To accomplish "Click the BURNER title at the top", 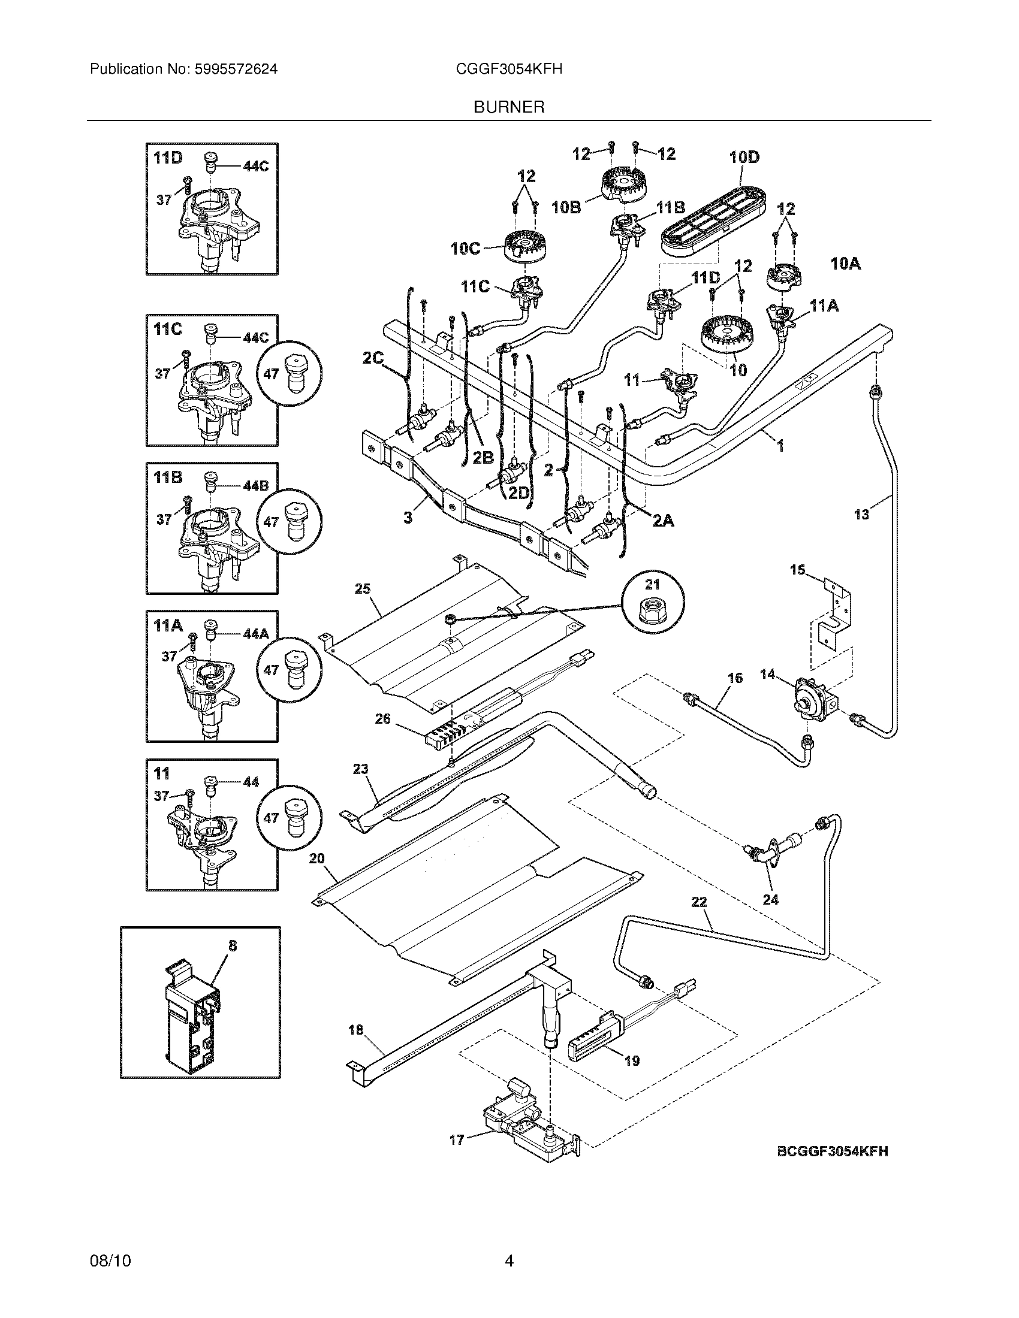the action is [x=509, y=107].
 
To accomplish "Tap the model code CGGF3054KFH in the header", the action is [x=509, y=69].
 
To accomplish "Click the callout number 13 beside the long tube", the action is [x=861, y=514].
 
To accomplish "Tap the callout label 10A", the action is [x=845, y=264].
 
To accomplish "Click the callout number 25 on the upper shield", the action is [x=362, y=589].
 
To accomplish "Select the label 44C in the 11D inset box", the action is [x=255, y=167].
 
